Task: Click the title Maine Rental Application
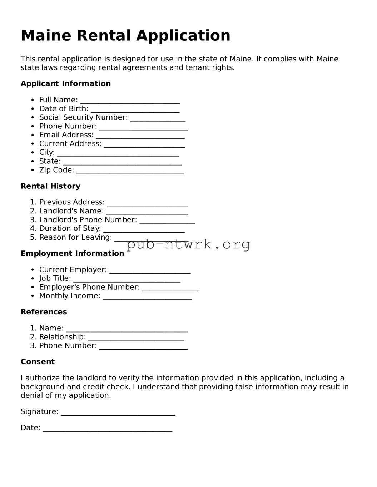(125, 36)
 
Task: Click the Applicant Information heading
(66, 84)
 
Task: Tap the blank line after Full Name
(130, 101)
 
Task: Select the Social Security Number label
(83, 117)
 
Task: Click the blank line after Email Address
(140, 136)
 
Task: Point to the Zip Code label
(56, 170)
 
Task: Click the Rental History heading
(50, 186)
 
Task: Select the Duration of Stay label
(70, 229)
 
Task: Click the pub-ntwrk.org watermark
(188, 244)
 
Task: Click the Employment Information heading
(72, 254)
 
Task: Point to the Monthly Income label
(70, 296)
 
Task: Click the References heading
(44, 312)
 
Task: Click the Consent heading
(38, 362)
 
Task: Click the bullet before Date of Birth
(33, 109)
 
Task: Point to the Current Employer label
(73, 270)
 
